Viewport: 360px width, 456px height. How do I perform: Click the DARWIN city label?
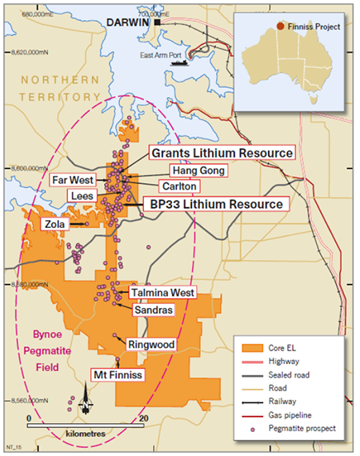[x=130, y=24]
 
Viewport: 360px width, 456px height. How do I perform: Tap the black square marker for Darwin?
[x=158, y=24]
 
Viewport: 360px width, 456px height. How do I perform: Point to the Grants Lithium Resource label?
[x=221, y=152]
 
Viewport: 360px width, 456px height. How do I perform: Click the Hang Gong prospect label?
[x=197, y=170]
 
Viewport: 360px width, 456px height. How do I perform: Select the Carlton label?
[x=179, y=186]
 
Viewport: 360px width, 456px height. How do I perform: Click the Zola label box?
[x=55, y=225]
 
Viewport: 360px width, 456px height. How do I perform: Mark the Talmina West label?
[x=162, y=293]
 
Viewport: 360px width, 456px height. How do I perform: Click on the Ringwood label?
[x=150, y=345]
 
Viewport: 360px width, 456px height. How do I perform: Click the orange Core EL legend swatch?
[x=251, y=348]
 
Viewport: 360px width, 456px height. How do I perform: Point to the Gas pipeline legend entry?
[x=295, y=414]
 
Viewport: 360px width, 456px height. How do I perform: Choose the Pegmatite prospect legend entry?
[x=302, y=427]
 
